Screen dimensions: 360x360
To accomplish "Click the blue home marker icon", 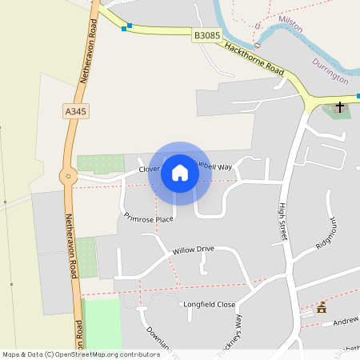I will [x=179, y=173].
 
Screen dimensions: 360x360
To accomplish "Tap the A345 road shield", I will [x=74, y=111].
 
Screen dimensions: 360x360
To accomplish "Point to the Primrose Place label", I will [x=149, y=218].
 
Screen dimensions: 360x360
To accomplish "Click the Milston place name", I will [x=290, y=23].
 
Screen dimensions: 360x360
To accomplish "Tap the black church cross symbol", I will [x=340, y=106].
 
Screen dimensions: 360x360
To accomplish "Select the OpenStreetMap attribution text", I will [x=81, y=353].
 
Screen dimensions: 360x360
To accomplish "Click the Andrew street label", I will [x=346, y=322].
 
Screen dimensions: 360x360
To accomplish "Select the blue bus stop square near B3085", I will [x=125, y=28].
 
